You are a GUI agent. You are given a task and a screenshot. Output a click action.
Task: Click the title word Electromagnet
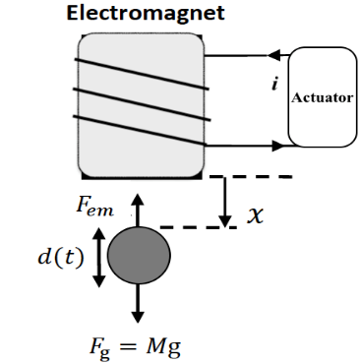(x=146, y=13)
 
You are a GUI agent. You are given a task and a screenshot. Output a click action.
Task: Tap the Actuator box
(x=323, y=97)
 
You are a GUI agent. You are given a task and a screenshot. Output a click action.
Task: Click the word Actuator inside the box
(x=323, y=97)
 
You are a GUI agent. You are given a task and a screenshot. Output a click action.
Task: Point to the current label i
(x=274, y=85)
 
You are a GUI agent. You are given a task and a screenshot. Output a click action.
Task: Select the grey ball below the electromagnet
(x=139, y=255)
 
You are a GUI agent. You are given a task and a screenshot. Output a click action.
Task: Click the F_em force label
(x=94, y=206)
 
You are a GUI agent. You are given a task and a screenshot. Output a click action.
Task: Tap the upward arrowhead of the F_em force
(x=138, y=200)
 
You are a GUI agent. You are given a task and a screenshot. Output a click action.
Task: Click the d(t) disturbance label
(x=61, y=258)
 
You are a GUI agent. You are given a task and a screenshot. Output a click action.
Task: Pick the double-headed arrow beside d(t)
(x=99, y=257)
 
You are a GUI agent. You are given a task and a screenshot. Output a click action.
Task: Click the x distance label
(x=255, y=216)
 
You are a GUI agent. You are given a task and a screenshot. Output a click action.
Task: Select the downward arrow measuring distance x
(x=225, y=202)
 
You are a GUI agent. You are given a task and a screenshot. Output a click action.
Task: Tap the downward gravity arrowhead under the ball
(x=138, y=317)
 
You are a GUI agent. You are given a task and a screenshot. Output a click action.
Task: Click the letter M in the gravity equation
(x=154, y=346)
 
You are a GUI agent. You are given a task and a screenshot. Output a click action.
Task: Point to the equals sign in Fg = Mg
(x=129, y=347)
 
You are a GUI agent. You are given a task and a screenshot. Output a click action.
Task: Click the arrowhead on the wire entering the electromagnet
(x=274, y=55)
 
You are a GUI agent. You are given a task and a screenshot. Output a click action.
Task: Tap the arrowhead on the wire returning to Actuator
(x=278, y=146)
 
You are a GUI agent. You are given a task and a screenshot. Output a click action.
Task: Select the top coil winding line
(x=142, y=74)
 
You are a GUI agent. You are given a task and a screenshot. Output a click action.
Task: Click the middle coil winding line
(x=142, y=104)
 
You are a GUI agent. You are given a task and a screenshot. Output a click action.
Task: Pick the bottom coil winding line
(x=140, y=130)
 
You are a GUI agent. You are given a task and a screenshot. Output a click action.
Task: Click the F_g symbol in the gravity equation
(x=99, y=348)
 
